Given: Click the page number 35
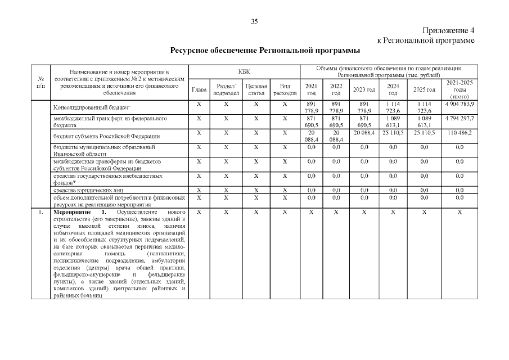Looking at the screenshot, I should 254,21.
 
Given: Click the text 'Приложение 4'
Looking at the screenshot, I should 448,30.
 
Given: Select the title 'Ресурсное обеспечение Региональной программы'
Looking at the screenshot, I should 265,51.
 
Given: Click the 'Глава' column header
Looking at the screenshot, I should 199,89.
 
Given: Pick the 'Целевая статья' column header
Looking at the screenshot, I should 256,89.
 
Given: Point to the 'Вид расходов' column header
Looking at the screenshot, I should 285,89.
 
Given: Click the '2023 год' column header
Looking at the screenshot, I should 363,89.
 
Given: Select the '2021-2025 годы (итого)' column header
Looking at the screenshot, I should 459,89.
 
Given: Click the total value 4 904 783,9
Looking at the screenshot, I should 459,104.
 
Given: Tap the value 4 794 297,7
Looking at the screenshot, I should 459,118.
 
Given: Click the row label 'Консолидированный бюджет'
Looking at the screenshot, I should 91,107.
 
